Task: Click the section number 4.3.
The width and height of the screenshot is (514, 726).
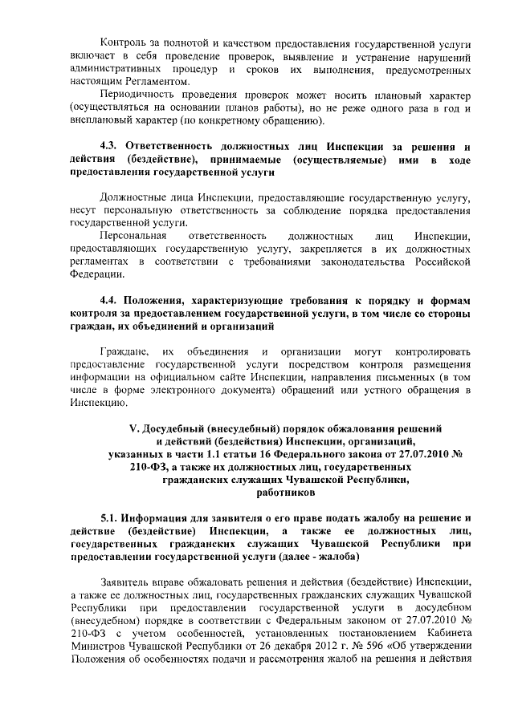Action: pyautogui.click(x=110, y=146)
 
